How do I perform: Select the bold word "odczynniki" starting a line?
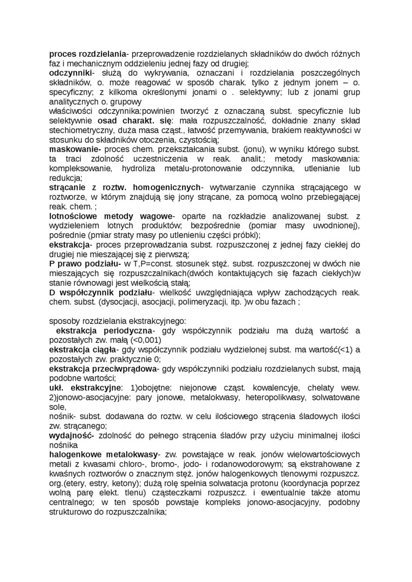tap(70, 72)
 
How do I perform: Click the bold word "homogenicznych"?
tap(163, 187)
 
